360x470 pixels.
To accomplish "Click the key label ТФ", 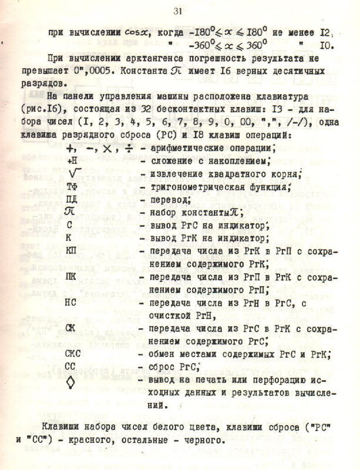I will pos(72,187).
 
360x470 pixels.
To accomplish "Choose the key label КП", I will pos(70,251).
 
